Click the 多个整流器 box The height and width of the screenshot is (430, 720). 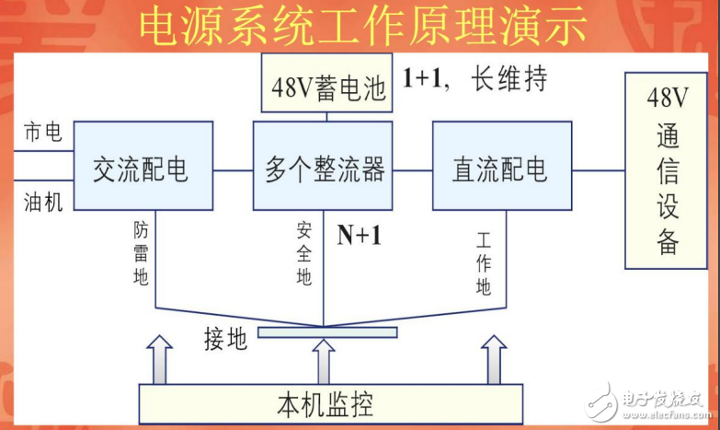[324, 169]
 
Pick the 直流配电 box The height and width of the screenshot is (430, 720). [498, 169]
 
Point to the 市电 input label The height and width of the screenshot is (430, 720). [42, 134]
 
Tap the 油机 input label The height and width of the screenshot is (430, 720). [42, 202]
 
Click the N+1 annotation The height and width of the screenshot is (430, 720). [359, 237]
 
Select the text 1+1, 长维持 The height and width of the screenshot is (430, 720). [474, 79]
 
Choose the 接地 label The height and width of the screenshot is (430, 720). [225, 339]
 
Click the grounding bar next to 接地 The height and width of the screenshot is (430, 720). [327, 331]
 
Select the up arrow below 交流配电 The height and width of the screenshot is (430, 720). [160, 360]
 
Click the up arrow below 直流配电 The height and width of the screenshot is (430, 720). [494, 360]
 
